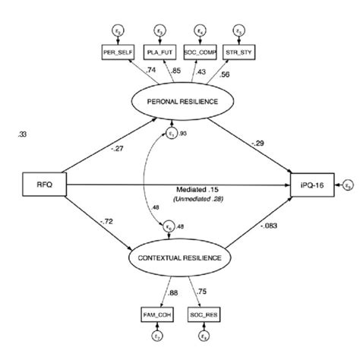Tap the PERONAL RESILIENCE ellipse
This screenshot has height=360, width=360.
pyautogui.click(x=178, y=101)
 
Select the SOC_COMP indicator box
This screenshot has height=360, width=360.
pyautogui.click(x=200, y=54)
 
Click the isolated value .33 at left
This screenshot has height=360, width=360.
pyautogui.click(x=21, y=135)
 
